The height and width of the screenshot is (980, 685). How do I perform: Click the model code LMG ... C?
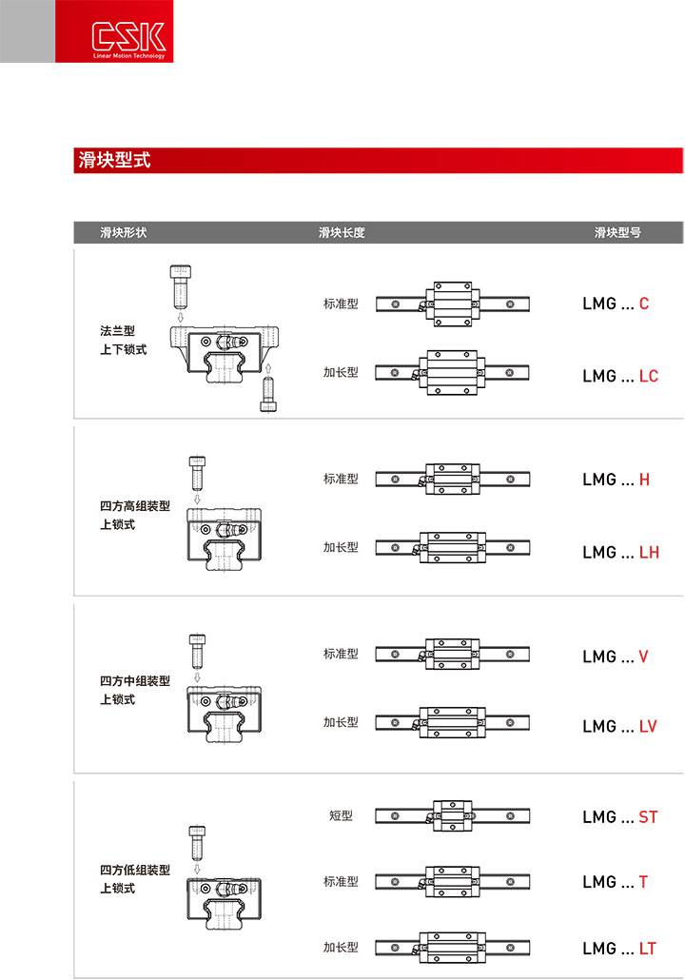616,304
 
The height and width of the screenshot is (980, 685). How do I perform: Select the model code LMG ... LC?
620,376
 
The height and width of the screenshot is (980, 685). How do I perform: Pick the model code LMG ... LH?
620,552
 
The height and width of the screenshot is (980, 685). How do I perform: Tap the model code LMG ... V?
616,657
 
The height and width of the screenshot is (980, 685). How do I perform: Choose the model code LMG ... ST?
620,816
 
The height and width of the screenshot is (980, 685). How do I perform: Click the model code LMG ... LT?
620,949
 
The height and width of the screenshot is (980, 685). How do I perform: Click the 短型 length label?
341,816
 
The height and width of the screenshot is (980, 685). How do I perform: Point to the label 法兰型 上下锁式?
124,341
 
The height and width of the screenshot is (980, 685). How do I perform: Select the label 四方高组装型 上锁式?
134,516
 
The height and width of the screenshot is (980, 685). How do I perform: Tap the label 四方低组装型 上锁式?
134,879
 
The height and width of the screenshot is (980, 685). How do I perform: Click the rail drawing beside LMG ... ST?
452,816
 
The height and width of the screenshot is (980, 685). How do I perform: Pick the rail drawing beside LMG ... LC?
452,373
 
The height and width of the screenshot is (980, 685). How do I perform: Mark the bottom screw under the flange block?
268,395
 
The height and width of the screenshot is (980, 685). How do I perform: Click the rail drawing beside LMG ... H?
452,479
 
